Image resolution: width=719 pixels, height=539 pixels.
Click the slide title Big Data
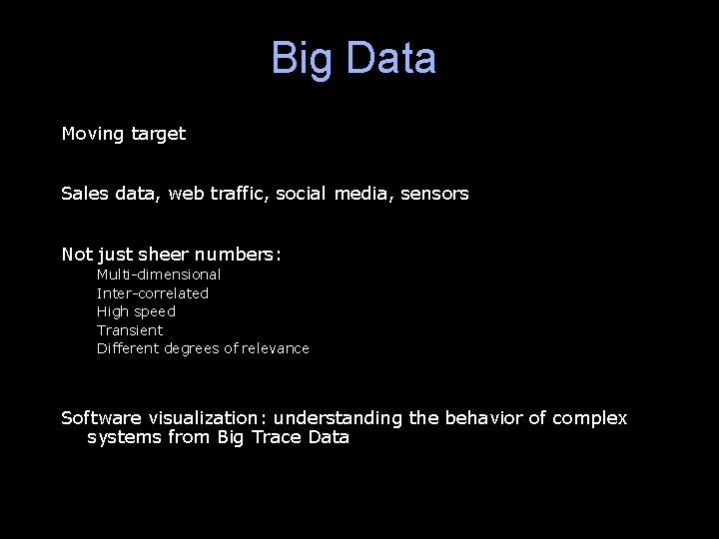point(354,58)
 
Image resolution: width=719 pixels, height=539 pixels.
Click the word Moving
point(93,134)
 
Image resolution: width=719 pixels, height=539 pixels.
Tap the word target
point(158,134)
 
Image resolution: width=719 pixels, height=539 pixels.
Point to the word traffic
point(240,194)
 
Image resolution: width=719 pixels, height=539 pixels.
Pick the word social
point(301,194)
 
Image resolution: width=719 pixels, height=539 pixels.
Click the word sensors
point(434,194)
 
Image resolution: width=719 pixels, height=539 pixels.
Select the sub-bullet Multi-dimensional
point(159,274)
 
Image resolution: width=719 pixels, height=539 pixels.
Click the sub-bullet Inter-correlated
point(153,293)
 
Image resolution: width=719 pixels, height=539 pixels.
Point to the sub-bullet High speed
point(136,311)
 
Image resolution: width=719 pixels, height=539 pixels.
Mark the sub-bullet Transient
point(130,330)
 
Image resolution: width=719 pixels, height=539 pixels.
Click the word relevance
point(276,348)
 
